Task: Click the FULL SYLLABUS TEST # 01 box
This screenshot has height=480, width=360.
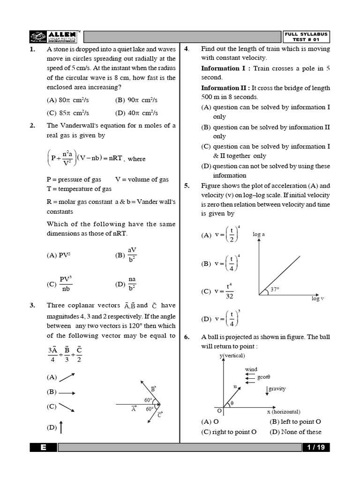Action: [x=306, y=37]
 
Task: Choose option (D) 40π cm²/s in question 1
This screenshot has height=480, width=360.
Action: [x=136, y=113]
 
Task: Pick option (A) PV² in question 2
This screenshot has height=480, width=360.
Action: [x=58, y=255]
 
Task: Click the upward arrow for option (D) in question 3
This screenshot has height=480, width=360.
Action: [x=61, y=427]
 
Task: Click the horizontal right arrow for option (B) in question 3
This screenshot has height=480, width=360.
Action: [x=67, y=393]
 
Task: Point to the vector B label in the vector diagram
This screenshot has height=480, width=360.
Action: [x=153, y=389]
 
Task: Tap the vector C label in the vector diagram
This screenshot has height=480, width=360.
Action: [x=159, y=415]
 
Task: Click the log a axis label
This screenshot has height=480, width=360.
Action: [x=259, y=234]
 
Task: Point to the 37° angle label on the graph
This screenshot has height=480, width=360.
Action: [x=275, y=290]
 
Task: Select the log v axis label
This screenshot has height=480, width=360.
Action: [x=317, y=299]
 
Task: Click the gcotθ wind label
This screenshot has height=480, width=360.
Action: [x=263, y=377]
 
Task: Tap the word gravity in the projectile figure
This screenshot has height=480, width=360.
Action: [x=277, y=389]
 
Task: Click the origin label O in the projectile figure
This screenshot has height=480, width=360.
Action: [x=219, y=410]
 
